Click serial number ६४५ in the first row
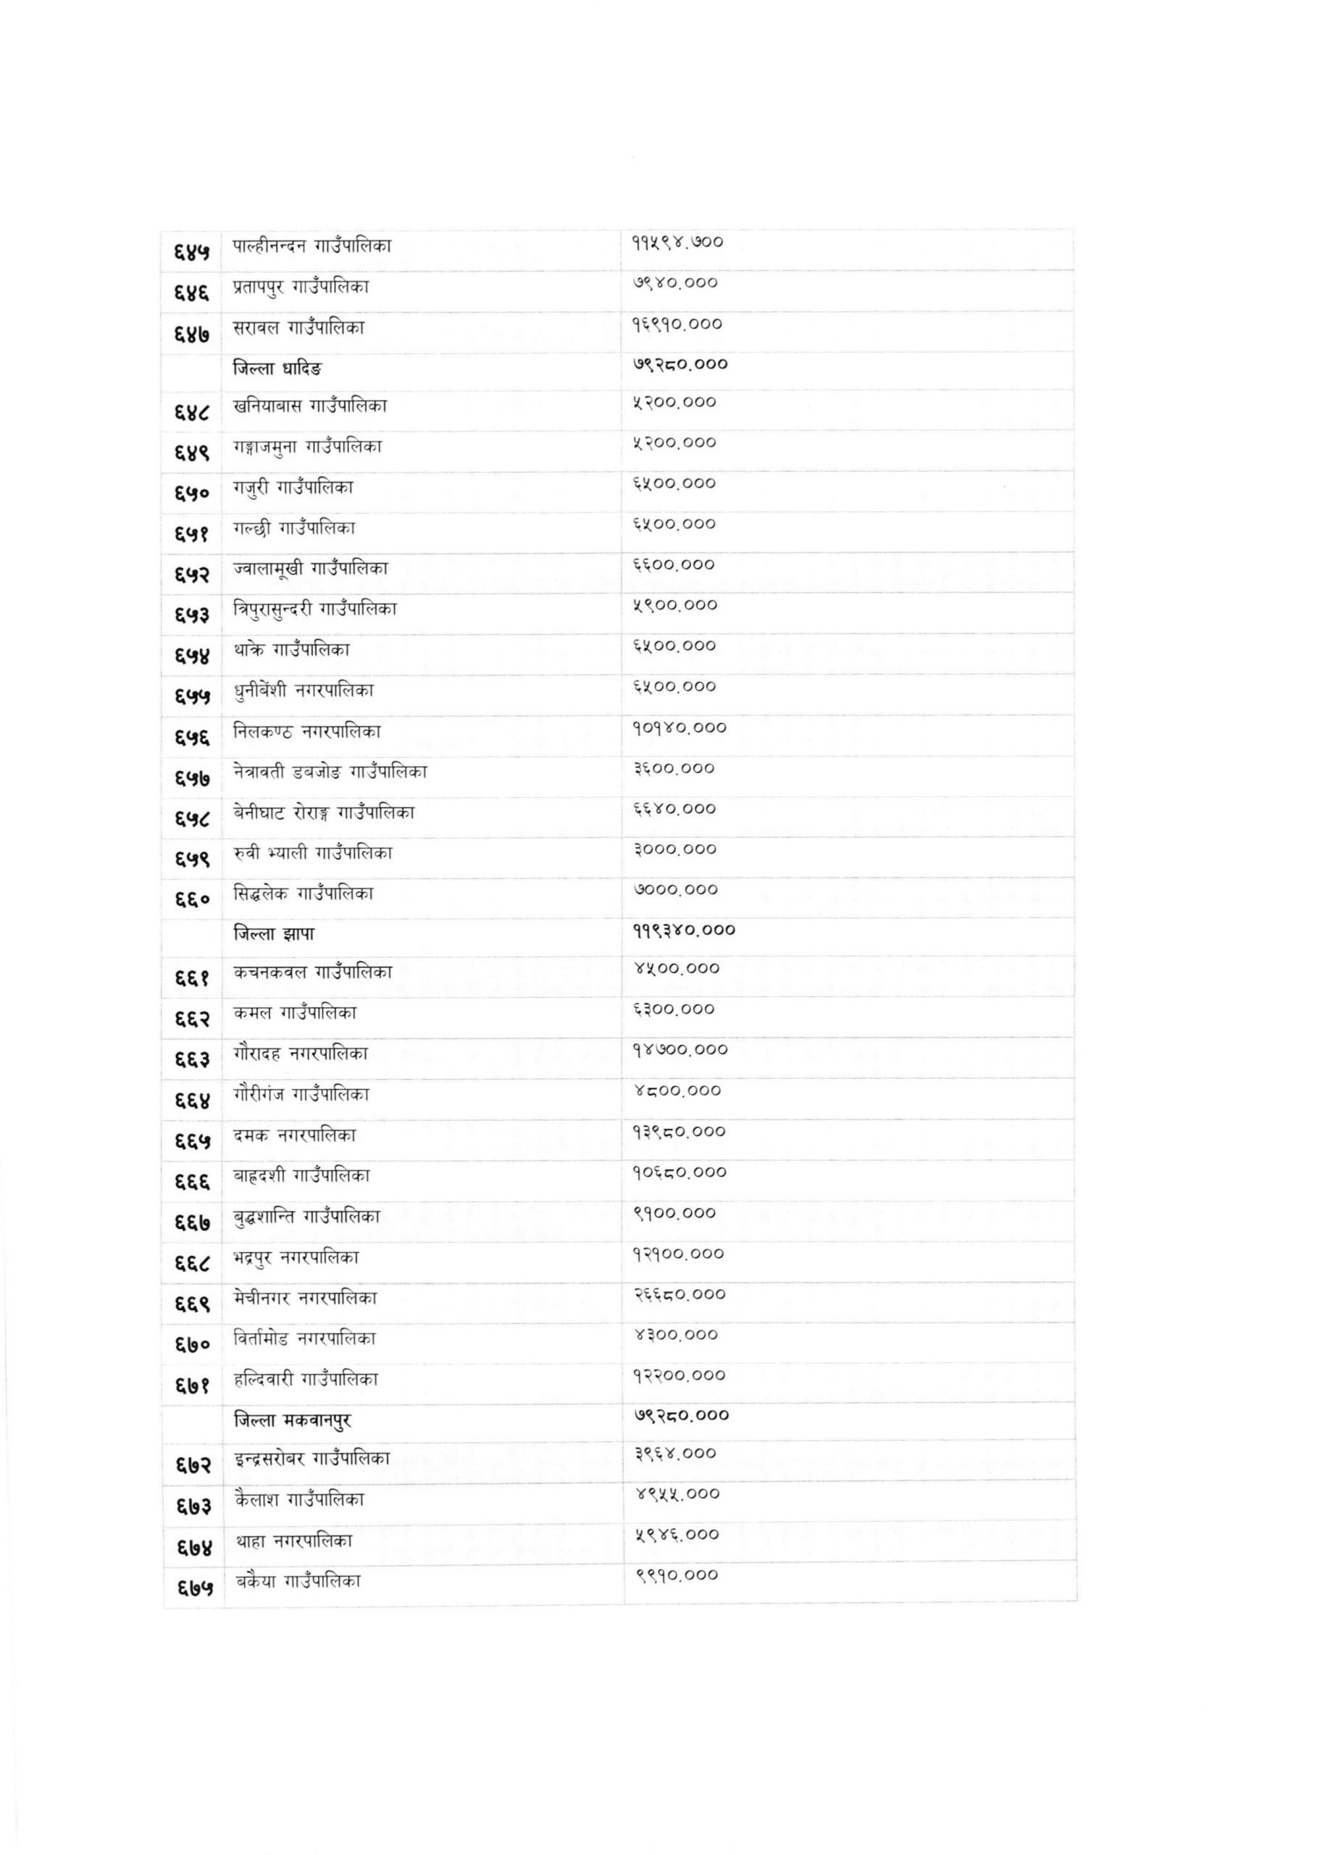click(x=192, y=251)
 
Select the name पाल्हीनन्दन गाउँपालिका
click(x=312, y=246)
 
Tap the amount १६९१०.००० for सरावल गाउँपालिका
click(x=677, y=325)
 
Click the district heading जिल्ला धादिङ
click(x=277, y=369)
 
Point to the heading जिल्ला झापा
click(x=274, y=935)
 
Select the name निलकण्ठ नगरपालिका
click(x=306, y=732)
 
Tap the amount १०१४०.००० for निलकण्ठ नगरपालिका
click(x=680, y=728)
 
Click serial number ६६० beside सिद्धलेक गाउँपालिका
click(x=192, y=899)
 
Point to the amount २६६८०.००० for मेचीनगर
click(x=680, y=1295)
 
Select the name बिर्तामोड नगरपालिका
click(x=305, y=1338)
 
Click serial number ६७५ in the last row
click(x=195, y=1588)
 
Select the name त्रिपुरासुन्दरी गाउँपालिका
click(x=315, y=609)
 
